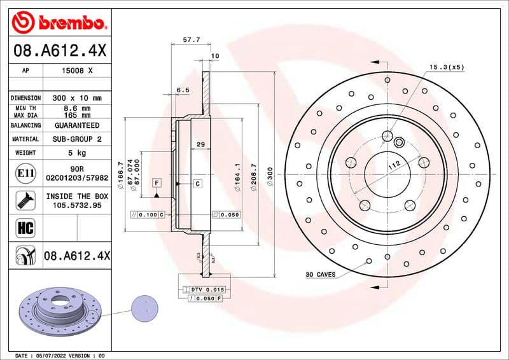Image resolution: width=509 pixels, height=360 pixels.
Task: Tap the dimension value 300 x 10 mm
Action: point(76,99)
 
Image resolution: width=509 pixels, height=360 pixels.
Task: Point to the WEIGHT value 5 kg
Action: point(76,153)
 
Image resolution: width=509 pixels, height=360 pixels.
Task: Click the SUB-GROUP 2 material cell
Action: point(76,139)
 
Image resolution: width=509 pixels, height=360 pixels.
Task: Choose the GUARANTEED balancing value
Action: point(76,125)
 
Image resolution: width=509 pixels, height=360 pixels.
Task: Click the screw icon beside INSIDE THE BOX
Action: point(22,200)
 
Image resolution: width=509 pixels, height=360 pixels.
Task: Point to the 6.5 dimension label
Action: point(183,90)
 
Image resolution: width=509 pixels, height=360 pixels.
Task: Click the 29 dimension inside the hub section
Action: point(200,145)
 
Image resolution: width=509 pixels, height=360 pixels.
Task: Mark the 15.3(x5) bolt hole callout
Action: point(447,67)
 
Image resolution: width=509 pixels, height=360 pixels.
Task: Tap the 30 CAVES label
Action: point(320,275)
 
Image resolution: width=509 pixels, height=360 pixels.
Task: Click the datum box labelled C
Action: point(197,184)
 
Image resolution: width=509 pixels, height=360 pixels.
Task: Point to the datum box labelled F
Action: point(157,183)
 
